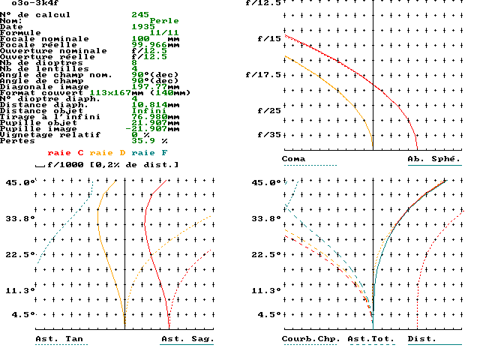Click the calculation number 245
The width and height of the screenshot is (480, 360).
[140, 15]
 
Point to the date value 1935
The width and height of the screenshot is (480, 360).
[143, 27]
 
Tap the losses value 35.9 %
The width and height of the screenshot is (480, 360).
[150, 140]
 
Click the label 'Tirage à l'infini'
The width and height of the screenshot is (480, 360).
[37, 116]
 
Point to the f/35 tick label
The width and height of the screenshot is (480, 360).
[269, 135]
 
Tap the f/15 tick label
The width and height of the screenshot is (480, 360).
[269, 38]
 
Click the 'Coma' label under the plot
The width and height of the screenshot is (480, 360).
[294, 159]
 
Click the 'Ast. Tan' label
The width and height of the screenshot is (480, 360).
[59, 339]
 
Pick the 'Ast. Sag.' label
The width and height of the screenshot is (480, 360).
[187, 339]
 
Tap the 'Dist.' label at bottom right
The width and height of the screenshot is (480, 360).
[422, 339]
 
